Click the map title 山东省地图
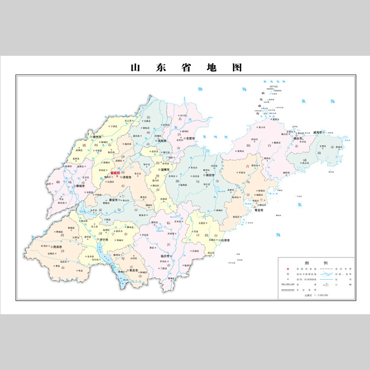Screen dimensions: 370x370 point(185,68)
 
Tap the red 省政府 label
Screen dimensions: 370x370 point(115,173)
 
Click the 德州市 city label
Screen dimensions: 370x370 point(97,137)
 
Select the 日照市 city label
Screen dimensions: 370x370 point(226,241)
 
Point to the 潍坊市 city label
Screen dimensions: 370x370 point(211,175)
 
